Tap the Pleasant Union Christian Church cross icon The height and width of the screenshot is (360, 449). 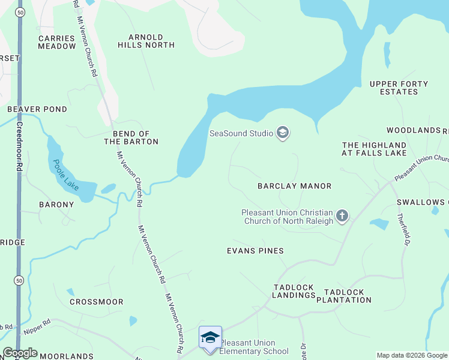click(342, 216)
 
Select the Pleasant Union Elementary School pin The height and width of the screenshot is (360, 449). click(210, 338)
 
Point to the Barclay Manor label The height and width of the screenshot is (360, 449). click(294, 186)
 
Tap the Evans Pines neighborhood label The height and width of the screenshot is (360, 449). click(255, 250)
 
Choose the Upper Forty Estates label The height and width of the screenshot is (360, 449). click(399, 88)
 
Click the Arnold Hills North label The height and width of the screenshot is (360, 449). click(146, 41)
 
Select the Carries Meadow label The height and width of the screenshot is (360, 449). click(57, 42)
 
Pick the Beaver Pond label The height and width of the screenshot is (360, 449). click(37, 109)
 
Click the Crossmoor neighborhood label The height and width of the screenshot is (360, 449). click(97, 302)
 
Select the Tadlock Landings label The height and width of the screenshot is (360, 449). click(294, 292)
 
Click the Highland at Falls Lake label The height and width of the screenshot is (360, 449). click(374, 149)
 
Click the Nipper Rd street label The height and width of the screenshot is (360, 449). click(37, 329)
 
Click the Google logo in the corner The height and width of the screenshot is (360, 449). click(20, 353)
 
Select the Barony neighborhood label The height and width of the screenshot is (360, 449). click(56, 204)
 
